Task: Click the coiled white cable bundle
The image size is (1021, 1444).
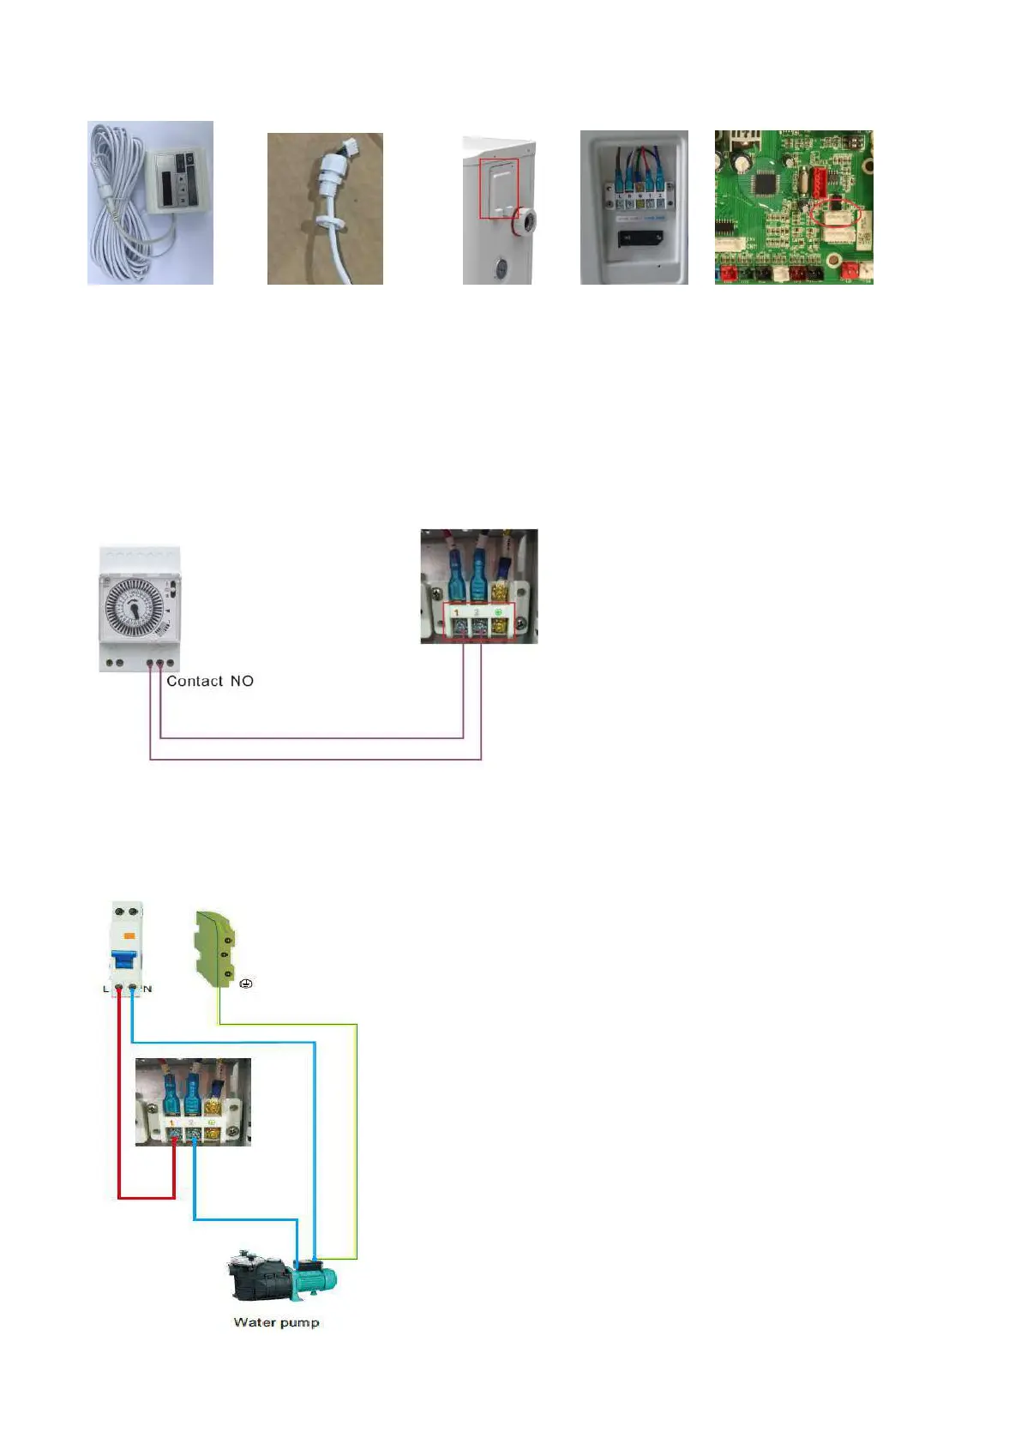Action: point(116,206)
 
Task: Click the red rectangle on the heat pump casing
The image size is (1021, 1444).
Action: point(499,188)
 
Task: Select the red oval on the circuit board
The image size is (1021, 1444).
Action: point(836,212)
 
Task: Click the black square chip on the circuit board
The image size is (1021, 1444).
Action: point(765,183)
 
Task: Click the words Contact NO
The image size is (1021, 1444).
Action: point(210,681)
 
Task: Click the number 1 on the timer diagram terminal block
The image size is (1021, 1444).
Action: point(456,613)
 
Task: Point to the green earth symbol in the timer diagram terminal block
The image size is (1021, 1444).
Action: point(498,612)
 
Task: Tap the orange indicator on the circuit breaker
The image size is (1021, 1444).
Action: point(129,936)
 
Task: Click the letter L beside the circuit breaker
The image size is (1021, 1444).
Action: point(105,989)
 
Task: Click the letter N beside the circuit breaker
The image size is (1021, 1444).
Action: point(148,989)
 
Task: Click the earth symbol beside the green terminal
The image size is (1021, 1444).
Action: point(246,984)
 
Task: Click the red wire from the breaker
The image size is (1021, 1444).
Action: point(119,1115)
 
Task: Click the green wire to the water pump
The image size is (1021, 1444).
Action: point(357,1140)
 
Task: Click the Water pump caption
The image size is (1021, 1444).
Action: point(276,1322)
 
